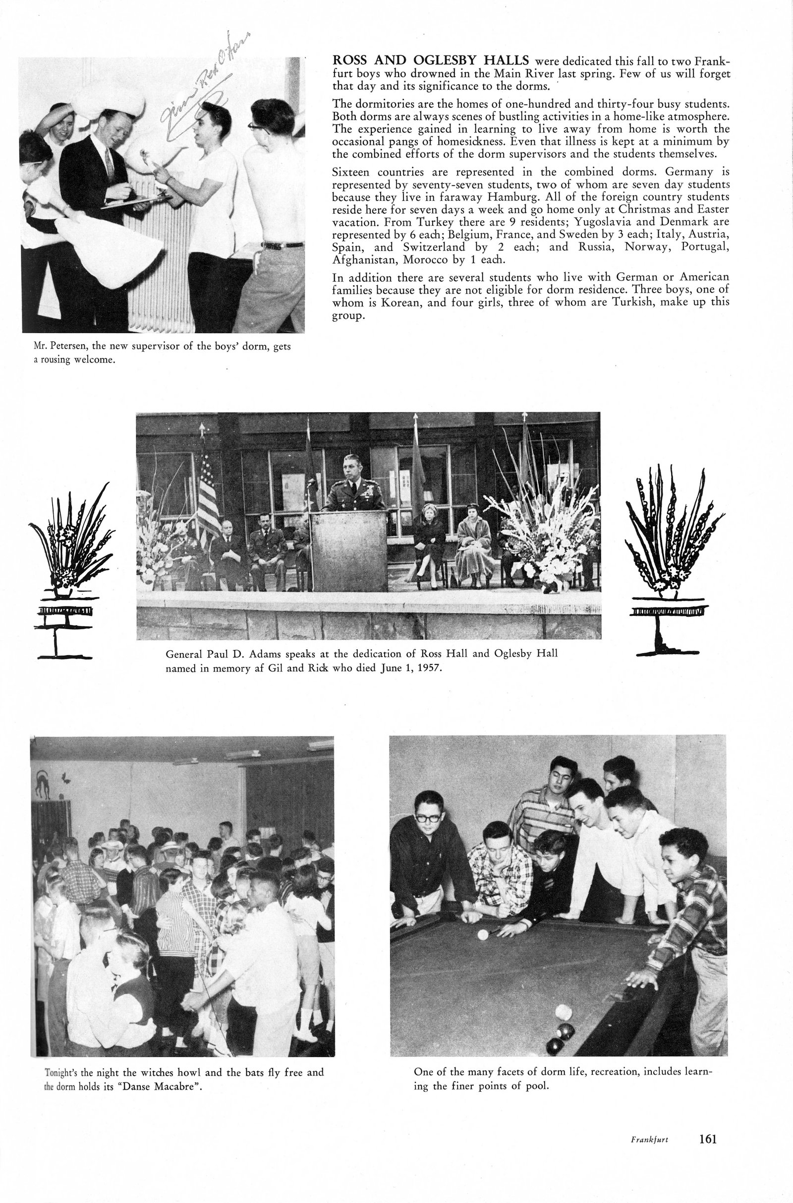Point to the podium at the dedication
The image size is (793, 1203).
click(x=349, y=550)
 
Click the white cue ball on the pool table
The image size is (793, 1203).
click(x=483, y=934)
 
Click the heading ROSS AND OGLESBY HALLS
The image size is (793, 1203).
click(x=430, y=60)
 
